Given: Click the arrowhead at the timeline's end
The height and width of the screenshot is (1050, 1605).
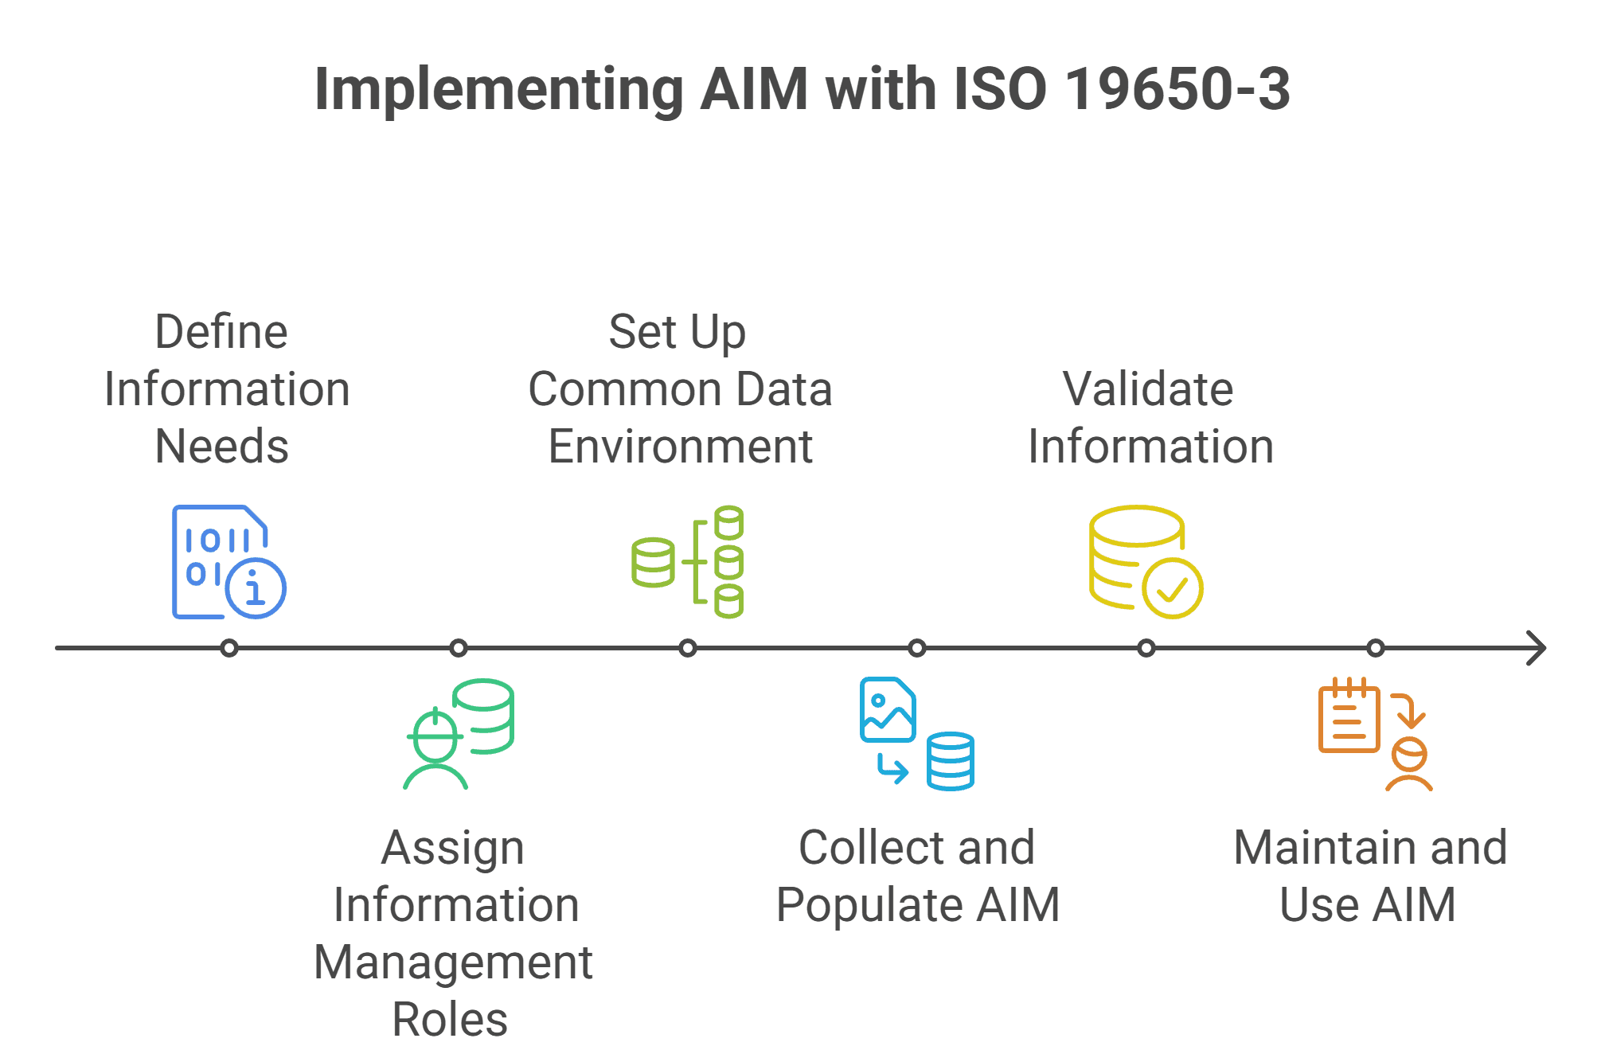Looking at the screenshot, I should pyautogui.click(x=1536, y=648).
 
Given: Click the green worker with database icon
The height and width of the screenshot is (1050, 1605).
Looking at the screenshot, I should pyautogui.click(x=458, y=734).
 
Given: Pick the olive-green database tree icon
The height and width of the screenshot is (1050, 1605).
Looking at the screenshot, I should pyautogui.click(x=688, y=562).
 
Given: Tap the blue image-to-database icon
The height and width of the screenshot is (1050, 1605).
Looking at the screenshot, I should pyautogui.click(x=916, y=734).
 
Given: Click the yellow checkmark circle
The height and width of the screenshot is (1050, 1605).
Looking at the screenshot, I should pyautogui.click(x=1172, y=589).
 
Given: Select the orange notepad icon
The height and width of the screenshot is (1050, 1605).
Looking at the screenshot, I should pyautogui.click(x=1349, y=716).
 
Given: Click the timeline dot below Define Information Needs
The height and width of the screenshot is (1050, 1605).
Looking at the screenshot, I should pyautogui.click(x=229, y=648).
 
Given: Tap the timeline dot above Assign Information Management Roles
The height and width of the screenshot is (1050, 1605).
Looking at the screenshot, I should pyautogui.click(x=459, y=648).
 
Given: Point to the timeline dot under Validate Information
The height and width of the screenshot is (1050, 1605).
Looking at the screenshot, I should pyautogui.click(x=1146, y=648).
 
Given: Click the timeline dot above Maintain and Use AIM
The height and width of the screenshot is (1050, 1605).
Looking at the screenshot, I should pyautogui.click(x=1376, y=648).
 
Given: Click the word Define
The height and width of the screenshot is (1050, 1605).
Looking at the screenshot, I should pyautogui.click(x=221, y=332).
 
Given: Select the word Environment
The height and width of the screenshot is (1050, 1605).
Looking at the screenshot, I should pyautogui.click(x=681, y=447).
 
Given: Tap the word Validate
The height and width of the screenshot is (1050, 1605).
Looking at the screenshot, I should pyautogui.click(x=1148, y=389).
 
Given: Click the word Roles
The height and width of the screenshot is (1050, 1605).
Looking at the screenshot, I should pyautogui.click(x=450, y=1020).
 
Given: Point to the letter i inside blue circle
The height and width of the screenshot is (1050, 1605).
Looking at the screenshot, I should pyautogui.click(x=255, y=589).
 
